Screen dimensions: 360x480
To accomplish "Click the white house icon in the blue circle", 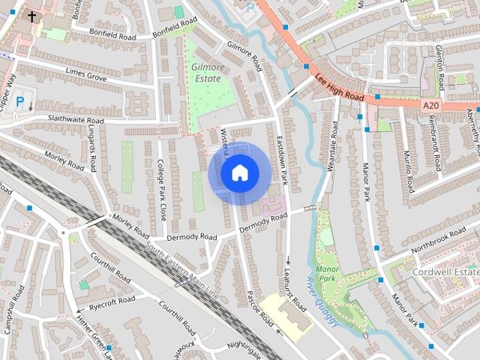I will click(239, 173).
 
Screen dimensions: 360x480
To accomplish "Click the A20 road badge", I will click(430, 106).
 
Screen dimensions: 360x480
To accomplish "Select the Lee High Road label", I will click(339, 87).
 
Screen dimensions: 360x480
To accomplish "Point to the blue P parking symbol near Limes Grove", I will click(20, 100).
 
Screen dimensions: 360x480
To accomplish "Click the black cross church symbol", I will click(32, 15).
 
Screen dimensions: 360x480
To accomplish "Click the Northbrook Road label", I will click(439, 241).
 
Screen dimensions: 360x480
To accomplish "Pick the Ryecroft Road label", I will click(112, 302).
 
